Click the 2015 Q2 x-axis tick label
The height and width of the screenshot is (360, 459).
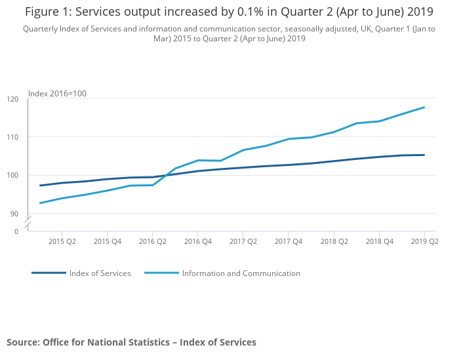tap(62, 241)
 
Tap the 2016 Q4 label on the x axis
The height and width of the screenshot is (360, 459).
tap(198, 241)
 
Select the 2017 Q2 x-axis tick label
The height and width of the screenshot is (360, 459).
tap(243, 241)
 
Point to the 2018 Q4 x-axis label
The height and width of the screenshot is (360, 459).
tap(380, 241)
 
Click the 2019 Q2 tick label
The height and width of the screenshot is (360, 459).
tap(425, 241)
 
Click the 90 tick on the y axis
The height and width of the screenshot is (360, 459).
tap(14, 214)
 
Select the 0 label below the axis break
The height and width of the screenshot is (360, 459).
tap(16, 231)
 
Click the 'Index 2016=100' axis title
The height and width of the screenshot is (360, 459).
tap(57, 94)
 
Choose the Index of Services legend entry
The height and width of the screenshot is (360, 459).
tap(100, 273)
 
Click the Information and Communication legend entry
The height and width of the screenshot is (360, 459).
tap(241, 273)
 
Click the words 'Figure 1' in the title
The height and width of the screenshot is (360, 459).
tap(47, 12)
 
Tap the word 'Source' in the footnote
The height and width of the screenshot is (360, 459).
tap(23, 342)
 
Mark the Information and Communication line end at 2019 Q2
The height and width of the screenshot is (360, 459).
tap(425, 108)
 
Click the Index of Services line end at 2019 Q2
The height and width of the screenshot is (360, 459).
tap(425, 155)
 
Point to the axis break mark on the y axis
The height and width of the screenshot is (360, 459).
tap(28, 223)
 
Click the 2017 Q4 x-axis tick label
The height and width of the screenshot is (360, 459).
tap(289, 241)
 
